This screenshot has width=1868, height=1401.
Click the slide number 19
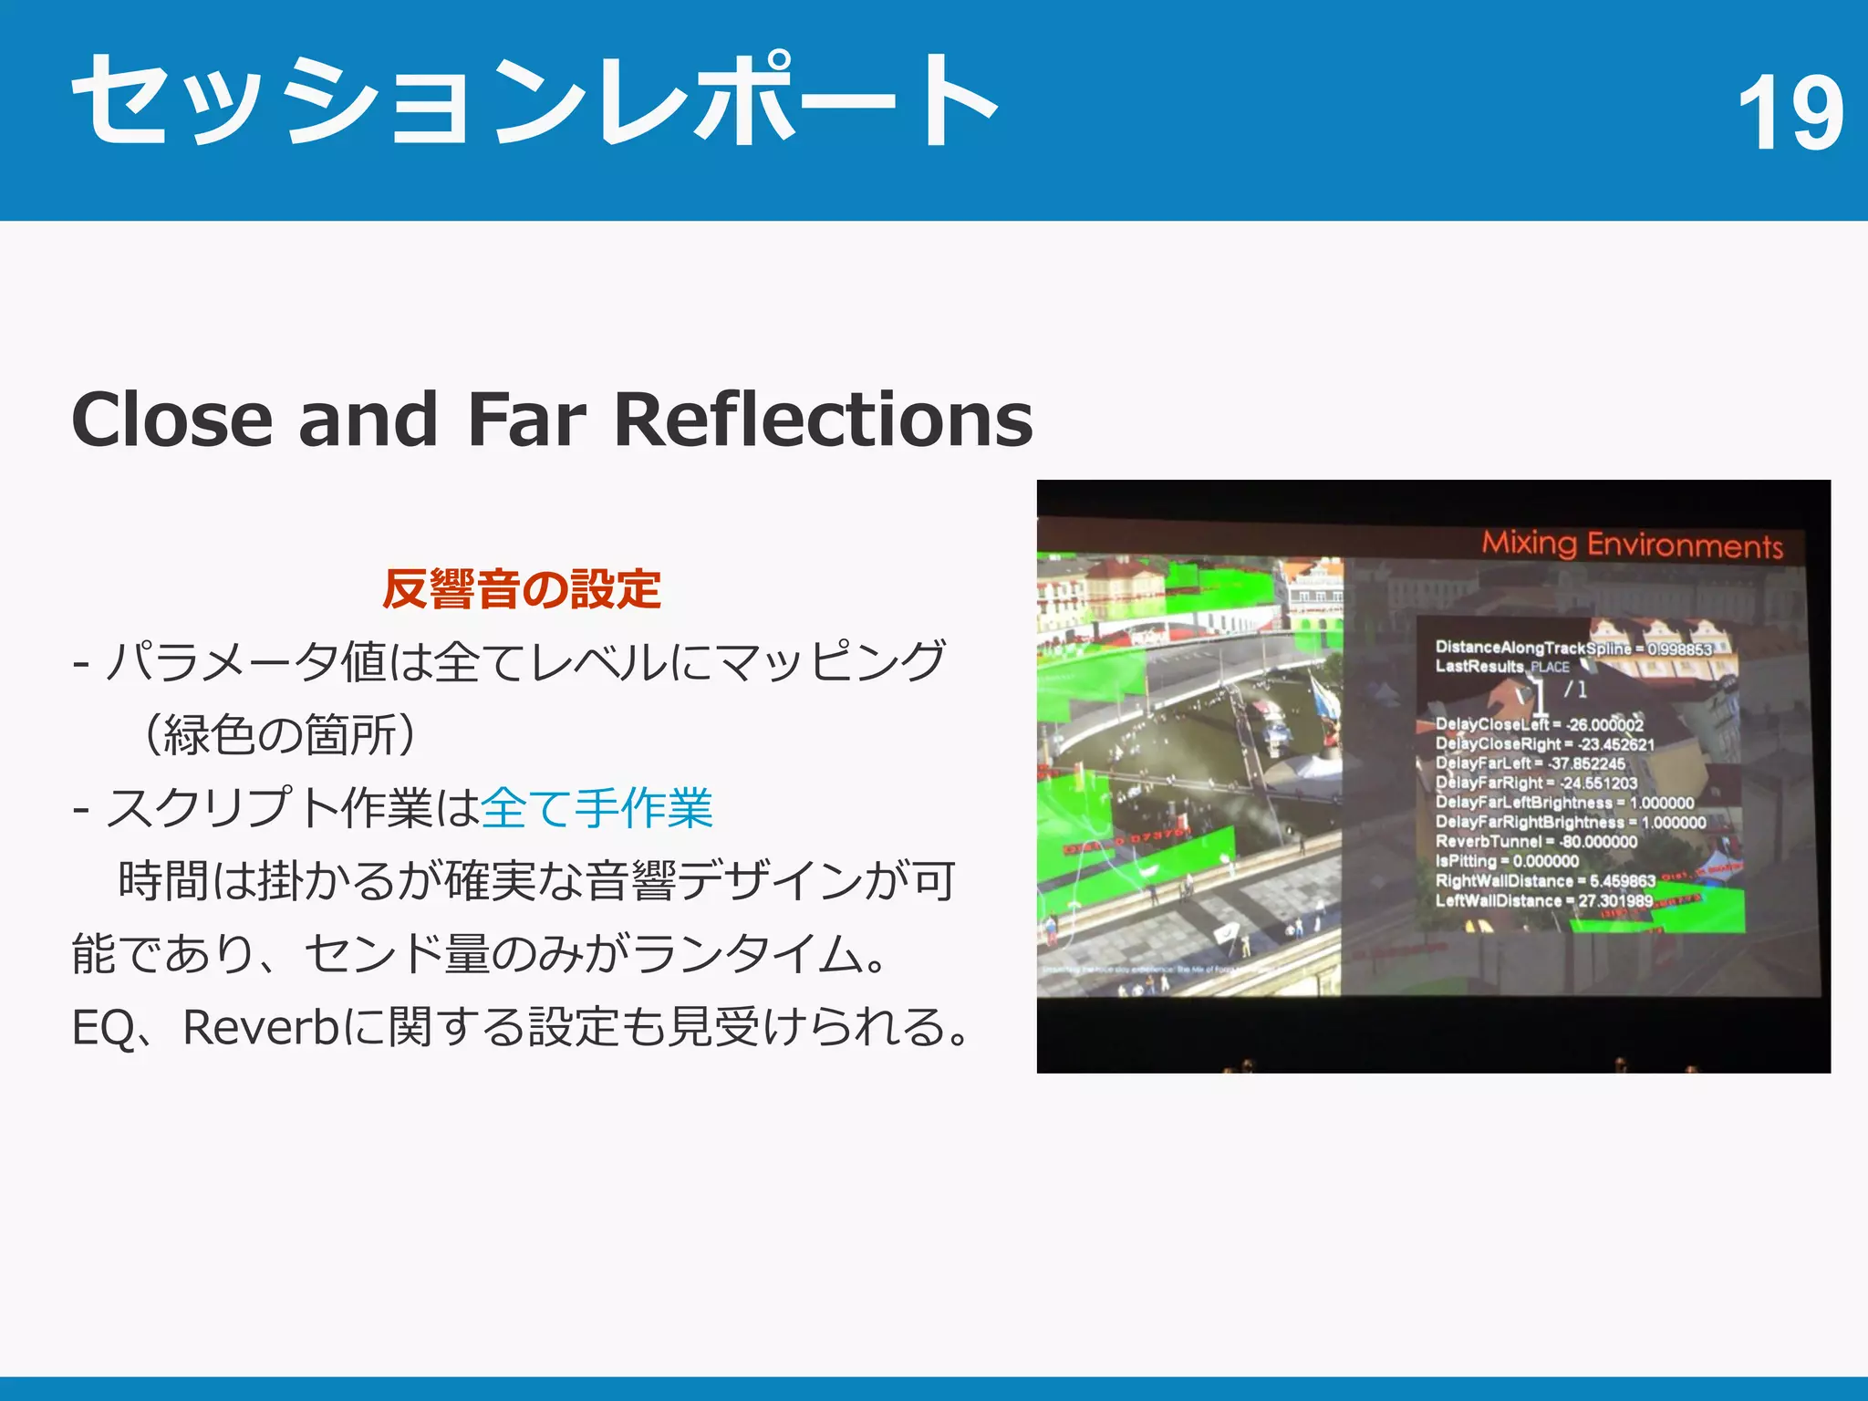(x=1790, y=113)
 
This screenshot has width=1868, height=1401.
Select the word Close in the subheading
(x=172, y=420)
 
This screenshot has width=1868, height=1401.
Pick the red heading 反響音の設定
(x=522, y=589)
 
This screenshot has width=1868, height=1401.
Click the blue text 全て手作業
(x=597, y=808)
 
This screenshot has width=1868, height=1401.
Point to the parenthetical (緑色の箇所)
(x=280, y=735)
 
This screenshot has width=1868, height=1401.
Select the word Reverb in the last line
(x=261, y=1028)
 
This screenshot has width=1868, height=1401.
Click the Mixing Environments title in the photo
(x=1632, y=545)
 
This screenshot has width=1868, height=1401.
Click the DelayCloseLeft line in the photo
(x=1539, y=725)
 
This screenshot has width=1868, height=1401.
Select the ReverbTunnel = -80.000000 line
(x=1536, y=842)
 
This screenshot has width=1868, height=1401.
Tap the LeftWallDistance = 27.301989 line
(x=1543, y=901)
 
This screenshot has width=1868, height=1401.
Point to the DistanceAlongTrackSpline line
(x=1572, y=649)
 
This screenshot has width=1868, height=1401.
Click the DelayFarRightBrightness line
(x=1570, y=823)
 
